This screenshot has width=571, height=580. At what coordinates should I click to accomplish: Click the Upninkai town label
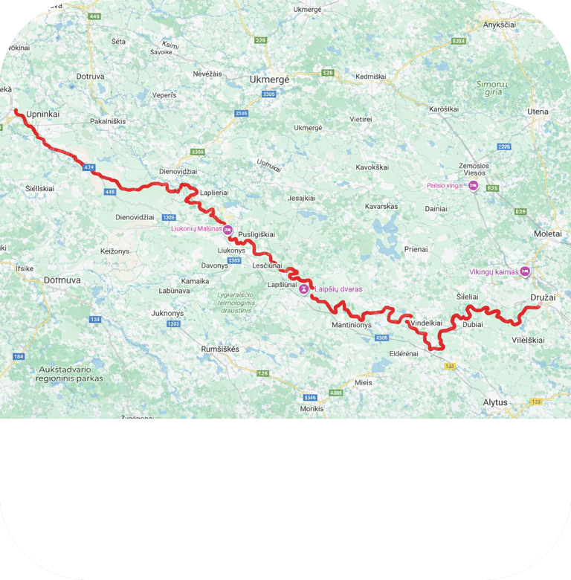pyautogui.click(x=42, y=114)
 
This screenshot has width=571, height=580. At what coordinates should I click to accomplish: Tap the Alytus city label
pyautogui.click(x=495, y=402)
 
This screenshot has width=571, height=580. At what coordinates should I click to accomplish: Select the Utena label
pyautogui.click(x=538, y=112)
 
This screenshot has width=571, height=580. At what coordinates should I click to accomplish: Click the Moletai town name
pyautogui.click(x=548, y=233)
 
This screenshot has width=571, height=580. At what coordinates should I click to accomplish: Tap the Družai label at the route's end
pyautogui.click(x=543, y=297)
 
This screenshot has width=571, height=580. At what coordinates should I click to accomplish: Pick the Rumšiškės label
pyautogui.click(x=223, y=348)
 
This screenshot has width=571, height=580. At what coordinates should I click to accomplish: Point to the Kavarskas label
pyautogui.click(x=382, y=206)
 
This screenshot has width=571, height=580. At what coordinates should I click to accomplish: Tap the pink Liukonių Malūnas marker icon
pyautogui.click(x=228, y=230)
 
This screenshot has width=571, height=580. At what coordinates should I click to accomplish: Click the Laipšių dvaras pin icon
pyautogui.click(x=304, y=289)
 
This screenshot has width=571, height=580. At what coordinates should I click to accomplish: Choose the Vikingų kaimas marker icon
pyautogui.click(x=526, y=271)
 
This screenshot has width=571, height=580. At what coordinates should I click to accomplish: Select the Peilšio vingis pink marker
pyautogui.click(x=473, y=186)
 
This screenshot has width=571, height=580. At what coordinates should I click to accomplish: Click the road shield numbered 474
pyautogui.click(x=89, y=167)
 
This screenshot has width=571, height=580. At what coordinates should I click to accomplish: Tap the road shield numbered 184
pyautogui.click(x=19, y=357)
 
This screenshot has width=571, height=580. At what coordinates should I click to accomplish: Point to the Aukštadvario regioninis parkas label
pyautogui.click(x=69, y=373)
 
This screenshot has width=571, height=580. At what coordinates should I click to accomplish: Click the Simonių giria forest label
pyautogui.click(x=492, y=88)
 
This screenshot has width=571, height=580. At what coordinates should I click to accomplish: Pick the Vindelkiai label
pyautogui.click(x=426, y=323)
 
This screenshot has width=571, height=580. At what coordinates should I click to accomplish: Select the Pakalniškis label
pyautogui.click(x=108, y=120)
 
